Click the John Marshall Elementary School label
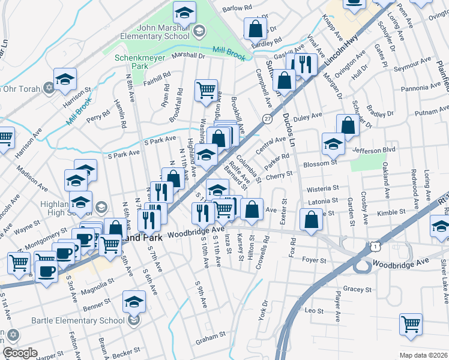(155, 31)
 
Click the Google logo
(20, 353)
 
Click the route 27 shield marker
(267, 119)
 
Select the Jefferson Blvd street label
(375, 150)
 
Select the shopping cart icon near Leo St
(411, 324)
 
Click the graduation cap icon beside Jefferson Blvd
(333, 143)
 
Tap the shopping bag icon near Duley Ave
(348, 125)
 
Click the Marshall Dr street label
(188, 55)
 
